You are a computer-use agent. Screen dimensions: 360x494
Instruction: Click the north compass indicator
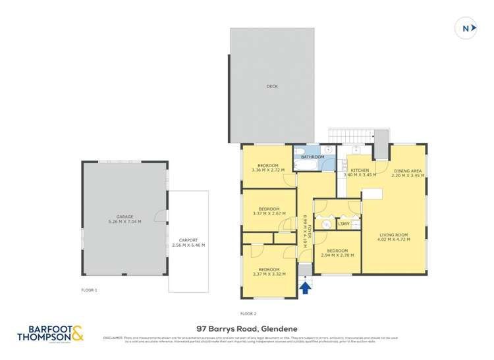click(x=466, y=28)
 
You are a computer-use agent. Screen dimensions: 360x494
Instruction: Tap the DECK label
click(x=271, y=86)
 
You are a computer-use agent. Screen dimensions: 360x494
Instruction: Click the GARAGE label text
click(x=124, y=217)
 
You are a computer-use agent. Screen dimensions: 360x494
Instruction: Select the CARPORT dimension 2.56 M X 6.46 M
click(x=188, y=245)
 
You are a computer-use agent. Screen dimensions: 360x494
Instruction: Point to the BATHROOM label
click(x=312, y=157)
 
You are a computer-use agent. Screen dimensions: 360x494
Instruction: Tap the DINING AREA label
click(x=406, y=170)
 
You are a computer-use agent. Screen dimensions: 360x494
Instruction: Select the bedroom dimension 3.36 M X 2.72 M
click(x=268, y=170)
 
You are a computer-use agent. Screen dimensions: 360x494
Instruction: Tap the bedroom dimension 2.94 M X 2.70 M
click(x=337, y=255)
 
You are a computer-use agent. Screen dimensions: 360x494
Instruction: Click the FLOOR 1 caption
click(x=89, y=290)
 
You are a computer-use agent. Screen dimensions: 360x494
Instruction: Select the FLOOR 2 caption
click(x=248, y=313)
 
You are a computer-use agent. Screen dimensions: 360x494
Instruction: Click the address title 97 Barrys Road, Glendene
click(x=246, y=327)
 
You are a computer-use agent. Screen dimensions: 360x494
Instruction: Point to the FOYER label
click(x=308, y=232)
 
